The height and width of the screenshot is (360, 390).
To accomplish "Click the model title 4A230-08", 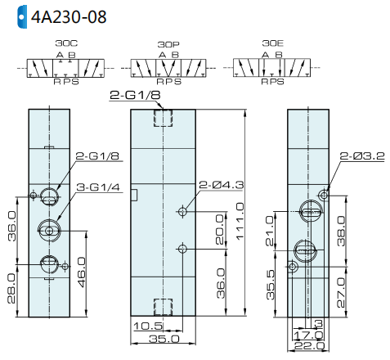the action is (69, 17).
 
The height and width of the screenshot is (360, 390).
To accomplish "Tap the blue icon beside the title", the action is (22, 16).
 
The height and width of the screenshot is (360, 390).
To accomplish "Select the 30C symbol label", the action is (66, 43).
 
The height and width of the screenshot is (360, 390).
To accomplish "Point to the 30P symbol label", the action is (168, 44).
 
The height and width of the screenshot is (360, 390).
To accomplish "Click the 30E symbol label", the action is (273, 43).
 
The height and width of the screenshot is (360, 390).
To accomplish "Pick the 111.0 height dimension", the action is (240, 221).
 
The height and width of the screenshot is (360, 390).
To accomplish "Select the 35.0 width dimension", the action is (164, 339).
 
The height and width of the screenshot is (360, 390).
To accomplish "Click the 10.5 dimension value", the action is (148, 326).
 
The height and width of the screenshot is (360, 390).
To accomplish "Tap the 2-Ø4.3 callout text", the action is (222, 185).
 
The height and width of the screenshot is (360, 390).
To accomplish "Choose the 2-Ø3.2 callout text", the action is (362, 155).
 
